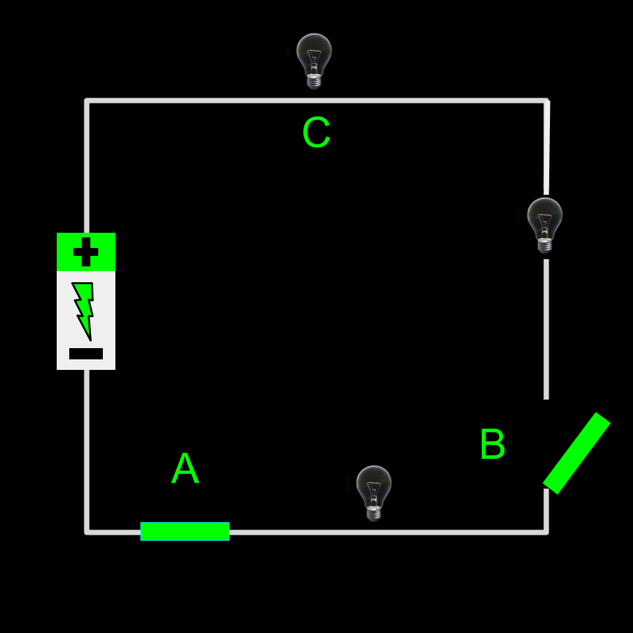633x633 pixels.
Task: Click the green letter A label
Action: point(185,469)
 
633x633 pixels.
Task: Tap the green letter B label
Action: point(492,445)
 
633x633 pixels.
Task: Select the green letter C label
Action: point(316,133)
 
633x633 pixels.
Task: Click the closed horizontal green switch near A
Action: point(185,531)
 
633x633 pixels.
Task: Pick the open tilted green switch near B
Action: point(576,453)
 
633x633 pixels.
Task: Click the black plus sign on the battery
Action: point(86,252)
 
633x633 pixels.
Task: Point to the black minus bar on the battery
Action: point(86,353)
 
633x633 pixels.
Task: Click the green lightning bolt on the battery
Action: point(84,310)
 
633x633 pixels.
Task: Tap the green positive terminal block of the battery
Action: point(86,252)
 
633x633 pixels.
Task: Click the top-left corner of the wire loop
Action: point(87,101)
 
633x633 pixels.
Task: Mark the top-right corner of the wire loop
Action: point(546,101)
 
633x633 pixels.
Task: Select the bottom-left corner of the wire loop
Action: point(87,531)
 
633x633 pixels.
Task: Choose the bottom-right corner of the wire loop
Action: point(546,531)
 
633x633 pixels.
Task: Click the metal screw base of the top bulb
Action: point(314,81)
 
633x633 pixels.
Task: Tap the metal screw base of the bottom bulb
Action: point(374,514)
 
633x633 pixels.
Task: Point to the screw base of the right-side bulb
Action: point(545,246)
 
